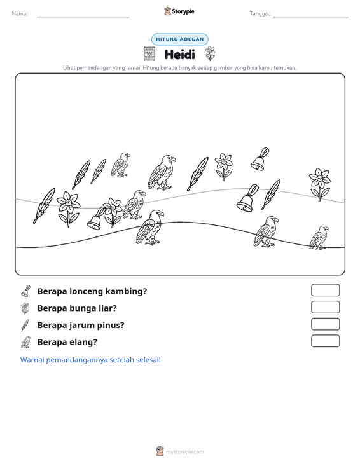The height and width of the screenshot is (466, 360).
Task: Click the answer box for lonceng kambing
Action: pyautogui.click(x=325, y=290)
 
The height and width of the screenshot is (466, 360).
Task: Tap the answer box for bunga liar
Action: pyautogui.click(x=325, y=307)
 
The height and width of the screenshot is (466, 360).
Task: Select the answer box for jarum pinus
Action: pyautogui.click(x=325, y=324)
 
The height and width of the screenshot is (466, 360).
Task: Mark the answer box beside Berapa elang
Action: pyautogui.click(x=325, y=341)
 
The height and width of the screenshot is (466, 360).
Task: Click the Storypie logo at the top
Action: pyautogui.click(x=179, y=11)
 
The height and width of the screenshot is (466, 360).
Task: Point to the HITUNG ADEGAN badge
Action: pyautogui.click(x=180, y=39)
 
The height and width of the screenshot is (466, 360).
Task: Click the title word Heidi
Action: pyautogui.click(x=179, y=55)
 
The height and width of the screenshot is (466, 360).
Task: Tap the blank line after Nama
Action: pyautogui.click(x=83, y=17)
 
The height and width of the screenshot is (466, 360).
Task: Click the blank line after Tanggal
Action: pyautogui.click(x=310, y=17)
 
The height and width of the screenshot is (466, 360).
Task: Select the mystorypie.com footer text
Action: pyautogui.click(x=185, y=452)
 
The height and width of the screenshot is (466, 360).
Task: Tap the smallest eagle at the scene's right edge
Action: pyautogui.click(x=319, y=238)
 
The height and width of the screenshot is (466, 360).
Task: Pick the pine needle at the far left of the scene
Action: pyautogui.click(x=44, y=205)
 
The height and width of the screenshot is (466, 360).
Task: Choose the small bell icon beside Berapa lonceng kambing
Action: pyautogui.click(x=25, y=292)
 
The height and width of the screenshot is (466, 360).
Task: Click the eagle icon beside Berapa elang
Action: pyautogui.click(x=26, y=342)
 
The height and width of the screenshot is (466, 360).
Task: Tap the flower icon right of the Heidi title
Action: pyautogui.click(x=210, y=53)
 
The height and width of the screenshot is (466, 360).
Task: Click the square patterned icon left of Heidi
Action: pyautogui.click(x=149, y=54)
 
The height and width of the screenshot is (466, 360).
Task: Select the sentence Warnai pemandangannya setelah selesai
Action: pyautogui.click(x=90, y=360)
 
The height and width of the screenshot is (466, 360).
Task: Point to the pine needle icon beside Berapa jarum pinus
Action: pyautogui.click(x=25, y=325)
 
